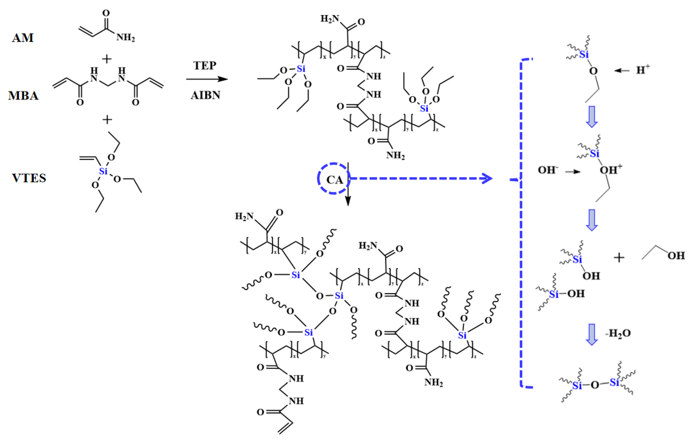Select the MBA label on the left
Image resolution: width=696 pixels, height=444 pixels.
point(23,96)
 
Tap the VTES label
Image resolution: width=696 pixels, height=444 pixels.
point(29,178)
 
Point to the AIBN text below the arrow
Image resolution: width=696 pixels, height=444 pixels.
point(205,95)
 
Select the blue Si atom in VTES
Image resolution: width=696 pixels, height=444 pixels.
point(103,171)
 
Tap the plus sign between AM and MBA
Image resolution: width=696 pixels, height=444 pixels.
point(107,59)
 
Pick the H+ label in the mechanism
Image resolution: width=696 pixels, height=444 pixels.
point(643,70)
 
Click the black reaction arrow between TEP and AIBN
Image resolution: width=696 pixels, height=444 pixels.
point(207,79)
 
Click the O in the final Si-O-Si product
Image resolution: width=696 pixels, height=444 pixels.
point(595,385)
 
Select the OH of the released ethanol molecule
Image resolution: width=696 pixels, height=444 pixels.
point(676,256)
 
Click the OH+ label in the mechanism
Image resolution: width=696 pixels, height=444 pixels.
point(610,170)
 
